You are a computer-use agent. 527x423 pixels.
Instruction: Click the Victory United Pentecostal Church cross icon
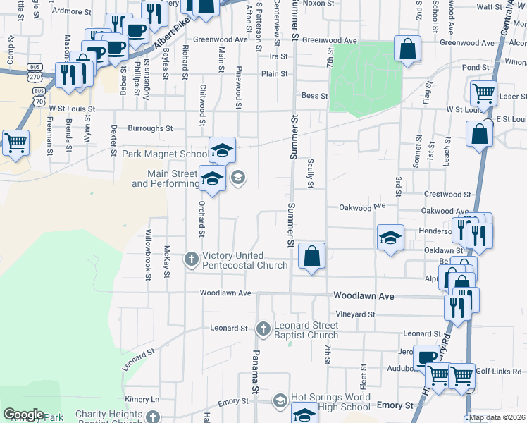point(191,259)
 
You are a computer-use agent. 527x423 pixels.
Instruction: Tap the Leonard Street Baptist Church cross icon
point(263,328)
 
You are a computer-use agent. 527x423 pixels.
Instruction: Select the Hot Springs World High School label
point(328,403)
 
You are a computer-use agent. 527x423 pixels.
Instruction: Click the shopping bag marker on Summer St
point(311,257)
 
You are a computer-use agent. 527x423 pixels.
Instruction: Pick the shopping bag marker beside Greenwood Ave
point(407,49)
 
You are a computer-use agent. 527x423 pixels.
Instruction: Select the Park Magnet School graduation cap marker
point(222,150)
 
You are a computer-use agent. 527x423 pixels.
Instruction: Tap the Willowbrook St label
point(149,255)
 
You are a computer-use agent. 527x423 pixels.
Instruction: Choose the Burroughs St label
point(150,128)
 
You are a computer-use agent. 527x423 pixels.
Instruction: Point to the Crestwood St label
point(447,194)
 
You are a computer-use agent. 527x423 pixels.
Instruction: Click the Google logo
point(23,415)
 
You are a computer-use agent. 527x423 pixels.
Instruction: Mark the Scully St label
point(310,173)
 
